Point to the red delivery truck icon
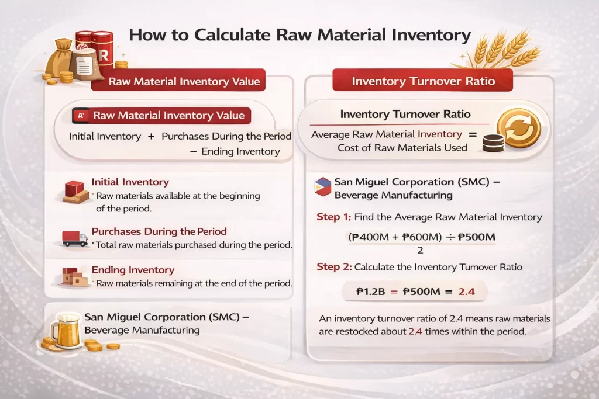[x=75, y=238]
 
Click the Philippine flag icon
[x=322, y=186]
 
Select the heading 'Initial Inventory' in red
[x=130, y=182]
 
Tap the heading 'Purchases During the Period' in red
[x=159, y=231]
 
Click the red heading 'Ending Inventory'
[x=133, y=270]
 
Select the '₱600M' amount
[x=417, y=238]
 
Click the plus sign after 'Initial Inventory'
[x=151, y=136]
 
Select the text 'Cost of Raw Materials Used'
[x=402, y=147]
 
